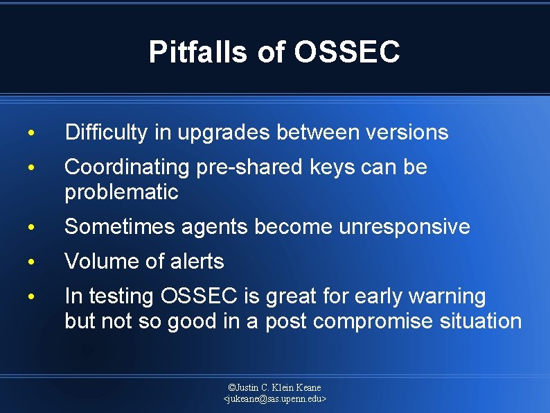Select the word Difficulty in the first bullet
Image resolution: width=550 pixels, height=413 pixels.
pyautogui.click(x=105, y=133)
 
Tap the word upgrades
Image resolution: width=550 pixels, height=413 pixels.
pyautogui.click(x=224, y=133)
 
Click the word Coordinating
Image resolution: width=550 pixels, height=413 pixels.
pyautogui.click(x=127, y=167)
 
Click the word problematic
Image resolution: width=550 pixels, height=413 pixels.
pyautogui.click(x=121, y=192)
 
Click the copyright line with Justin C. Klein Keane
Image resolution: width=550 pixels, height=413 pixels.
pyautogui.click(x=275, y=387)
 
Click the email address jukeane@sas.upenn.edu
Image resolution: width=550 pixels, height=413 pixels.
pyautogui.click(x=275, y=399)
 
